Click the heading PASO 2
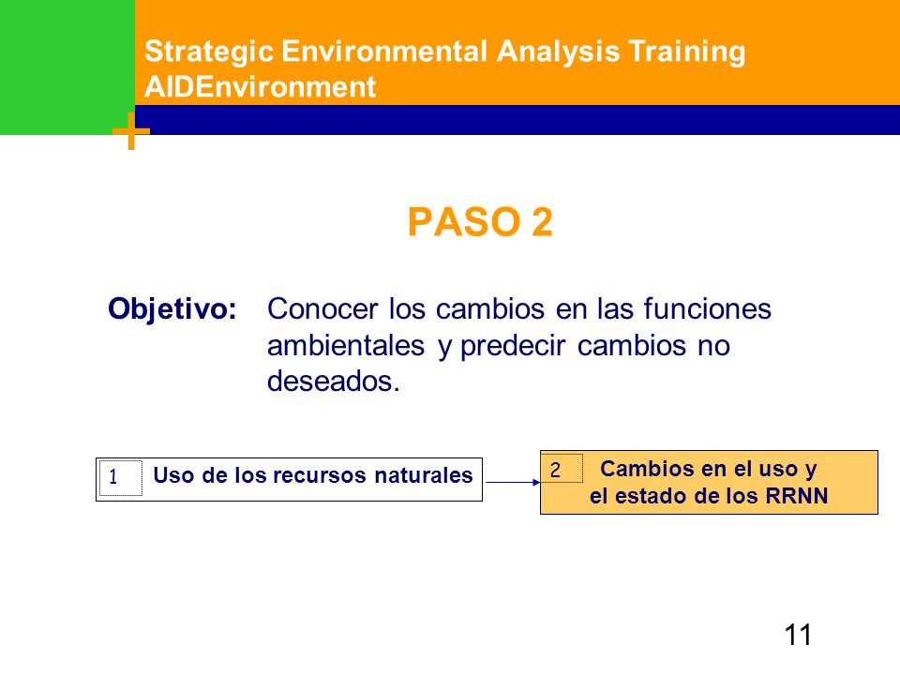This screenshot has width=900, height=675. pos(480,221)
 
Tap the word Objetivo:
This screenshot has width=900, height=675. pos(172,309)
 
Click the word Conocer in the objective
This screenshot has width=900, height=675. pos(322,308)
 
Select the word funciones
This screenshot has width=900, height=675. pos(707,308)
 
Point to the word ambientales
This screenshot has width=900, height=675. pos(346,346)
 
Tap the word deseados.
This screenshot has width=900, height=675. pos(334,381)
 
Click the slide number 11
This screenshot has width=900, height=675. pos(797,635)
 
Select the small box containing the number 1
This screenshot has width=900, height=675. pos(121,478)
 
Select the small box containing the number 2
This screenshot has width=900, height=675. pos(562,468)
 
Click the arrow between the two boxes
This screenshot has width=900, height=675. pos(513,482)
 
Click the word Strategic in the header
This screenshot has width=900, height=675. pos(209,52)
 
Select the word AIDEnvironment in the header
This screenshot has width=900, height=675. pos(260,87)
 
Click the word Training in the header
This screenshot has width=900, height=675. pos(686,52)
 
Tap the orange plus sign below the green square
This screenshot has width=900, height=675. pos(131,131)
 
